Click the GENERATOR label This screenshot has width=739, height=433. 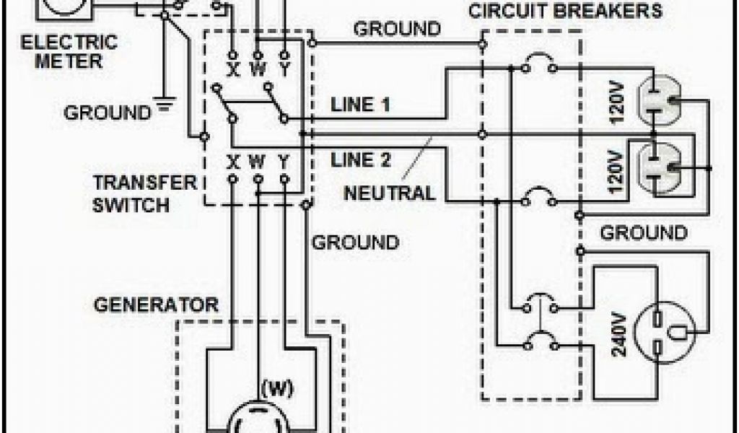click(156, 305)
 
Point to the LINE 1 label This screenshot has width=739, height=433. click(361, 105)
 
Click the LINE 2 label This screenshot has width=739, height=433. click(361, 159)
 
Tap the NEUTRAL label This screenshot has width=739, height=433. click(390, 193)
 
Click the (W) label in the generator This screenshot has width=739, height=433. click(277, 390)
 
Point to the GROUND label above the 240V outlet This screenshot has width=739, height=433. click(644, 233)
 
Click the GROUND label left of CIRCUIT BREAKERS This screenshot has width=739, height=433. click(397, 29)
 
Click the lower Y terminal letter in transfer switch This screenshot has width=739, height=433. click(284, 159)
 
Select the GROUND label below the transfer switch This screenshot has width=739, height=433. click(355, 242)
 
